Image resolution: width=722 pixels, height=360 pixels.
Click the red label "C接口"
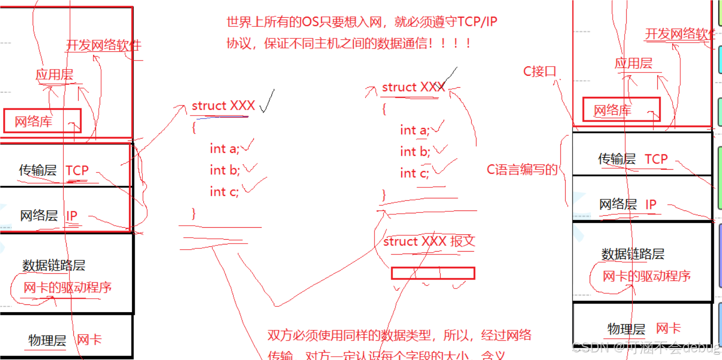coord(539,72)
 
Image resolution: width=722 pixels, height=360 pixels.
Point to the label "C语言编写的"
coord(522,170)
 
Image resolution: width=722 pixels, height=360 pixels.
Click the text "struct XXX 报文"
coord(429,241)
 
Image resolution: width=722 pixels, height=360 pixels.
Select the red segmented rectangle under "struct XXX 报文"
coord(433,273)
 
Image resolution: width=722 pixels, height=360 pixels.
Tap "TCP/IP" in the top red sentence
coord(477,22)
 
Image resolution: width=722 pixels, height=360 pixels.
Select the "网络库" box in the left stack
coord(42,121)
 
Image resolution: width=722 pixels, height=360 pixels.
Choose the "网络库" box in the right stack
coord(621,110)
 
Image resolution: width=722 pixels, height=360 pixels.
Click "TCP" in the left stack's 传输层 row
coord(77,170)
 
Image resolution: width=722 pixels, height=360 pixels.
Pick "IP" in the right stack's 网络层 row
coord(651,205)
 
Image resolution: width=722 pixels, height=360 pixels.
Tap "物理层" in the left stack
coord(47,341)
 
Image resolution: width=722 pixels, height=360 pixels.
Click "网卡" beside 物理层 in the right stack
coord(668,329)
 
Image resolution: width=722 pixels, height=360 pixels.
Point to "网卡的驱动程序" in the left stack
coord(67,288)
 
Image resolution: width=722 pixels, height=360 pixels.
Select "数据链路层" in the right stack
coord(633,254)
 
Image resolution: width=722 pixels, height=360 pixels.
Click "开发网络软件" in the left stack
coord(104,46)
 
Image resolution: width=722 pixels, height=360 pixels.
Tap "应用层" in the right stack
coord(633,63)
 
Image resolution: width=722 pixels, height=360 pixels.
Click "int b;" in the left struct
coord(224,170)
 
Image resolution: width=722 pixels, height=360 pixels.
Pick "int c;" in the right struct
coord(415,173)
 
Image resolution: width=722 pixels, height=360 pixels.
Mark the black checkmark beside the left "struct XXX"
coord(267,103)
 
